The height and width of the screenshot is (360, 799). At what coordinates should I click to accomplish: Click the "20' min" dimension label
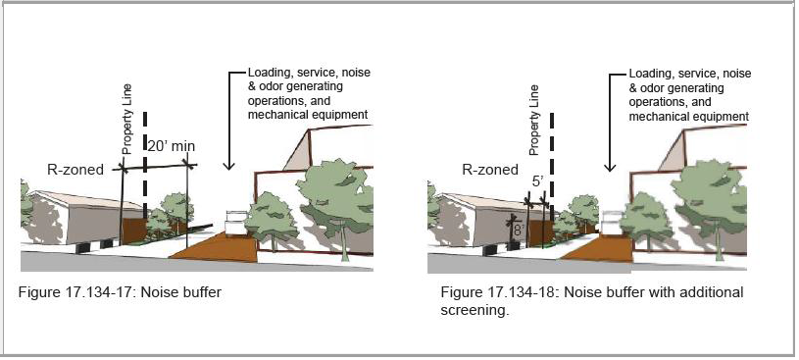point(172,147)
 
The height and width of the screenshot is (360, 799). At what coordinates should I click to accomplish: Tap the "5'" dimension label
point(537,181)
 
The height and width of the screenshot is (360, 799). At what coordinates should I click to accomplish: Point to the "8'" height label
point(519,230)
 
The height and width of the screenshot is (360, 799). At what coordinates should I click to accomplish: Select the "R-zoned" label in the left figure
point(75,170)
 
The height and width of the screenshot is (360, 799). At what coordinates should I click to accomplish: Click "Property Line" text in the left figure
point(127,120)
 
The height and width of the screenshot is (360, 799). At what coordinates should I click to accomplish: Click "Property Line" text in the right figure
point(533,121)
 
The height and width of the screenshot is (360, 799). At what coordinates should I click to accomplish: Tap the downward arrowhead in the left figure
point(229,165)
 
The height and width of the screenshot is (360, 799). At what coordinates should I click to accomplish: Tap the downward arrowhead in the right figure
point(610,168)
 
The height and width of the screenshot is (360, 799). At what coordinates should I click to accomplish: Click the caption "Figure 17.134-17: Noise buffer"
point(121,292)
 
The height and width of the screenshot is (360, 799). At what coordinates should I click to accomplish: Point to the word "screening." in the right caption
point(474,311)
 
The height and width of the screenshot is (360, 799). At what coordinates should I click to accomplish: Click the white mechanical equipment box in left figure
point(235,223)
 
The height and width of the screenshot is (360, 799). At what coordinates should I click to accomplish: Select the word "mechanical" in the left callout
point(275,114)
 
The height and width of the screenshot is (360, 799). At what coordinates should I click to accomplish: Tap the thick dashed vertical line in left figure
point(145,165)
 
